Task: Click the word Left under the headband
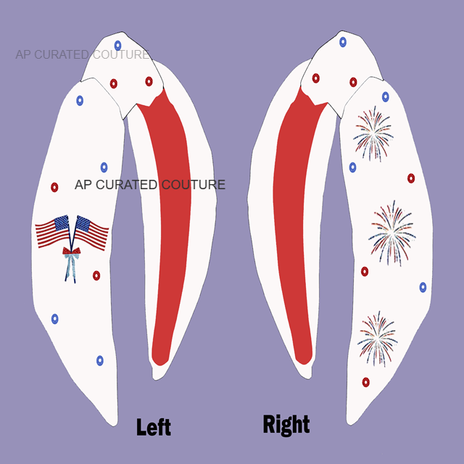pyautogui.click(x=154, y=426)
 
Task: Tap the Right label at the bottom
pyautogui.click(x=286, y=425)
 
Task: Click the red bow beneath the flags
pyautogui.click(x=71, y=252)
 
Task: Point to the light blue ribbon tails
pyautogui.click(x=70, y=269)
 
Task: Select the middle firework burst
pyautogui.click(x=391, y=231)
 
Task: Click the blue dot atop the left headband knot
pyautogui.click(x=117, y=46)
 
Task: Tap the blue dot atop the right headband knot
pyautogui.click(x=343, y=42)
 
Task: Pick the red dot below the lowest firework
pyautogui.click(x=365, y=382)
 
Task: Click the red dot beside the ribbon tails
pyautogui.click(x=96, y=275)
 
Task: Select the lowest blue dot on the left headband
pyautogui.click(x=100, y=360)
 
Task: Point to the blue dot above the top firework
pyautogui.click(x=386, y=96)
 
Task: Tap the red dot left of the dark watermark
pyautogui.click(x=54, y=187)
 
